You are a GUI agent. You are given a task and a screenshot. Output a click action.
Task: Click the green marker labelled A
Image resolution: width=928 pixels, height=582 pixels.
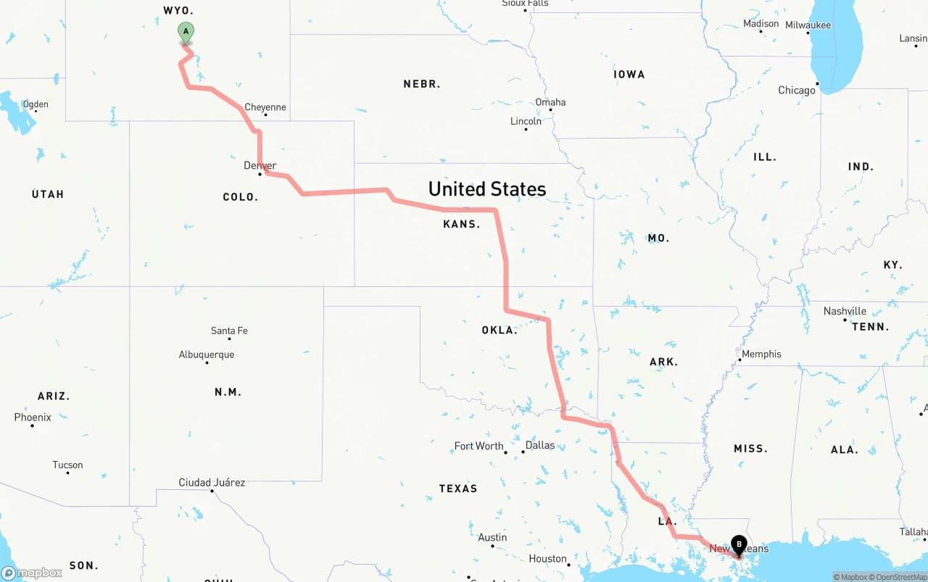186,32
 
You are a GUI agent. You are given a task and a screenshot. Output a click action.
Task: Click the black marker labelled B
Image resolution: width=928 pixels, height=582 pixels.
739,544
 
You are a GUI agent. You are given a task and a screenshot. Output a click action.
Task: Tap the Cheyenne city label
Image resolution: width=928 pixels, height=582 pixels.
265,107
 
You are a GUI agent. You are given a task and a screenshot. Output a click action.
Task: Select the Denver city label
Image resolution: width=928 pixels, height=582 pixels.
260,166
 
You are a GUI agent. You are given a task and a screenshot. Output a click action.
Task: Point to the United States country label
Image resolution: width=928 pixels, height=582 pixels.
487,189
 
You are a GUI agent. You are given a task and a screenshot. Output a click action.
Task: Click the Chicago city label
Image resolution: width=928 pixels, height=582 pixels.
797,91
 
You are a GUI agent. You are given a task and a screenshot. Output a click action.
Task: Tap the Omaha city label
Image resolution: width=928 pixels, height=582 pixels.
550,102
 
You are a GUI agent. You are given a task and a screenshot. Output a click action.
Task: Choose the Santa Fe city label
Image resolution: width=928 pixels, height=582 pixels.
229,331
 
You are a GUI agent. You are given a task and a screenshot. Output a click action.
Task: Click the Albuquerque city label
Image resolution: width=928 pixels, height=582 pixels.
207,354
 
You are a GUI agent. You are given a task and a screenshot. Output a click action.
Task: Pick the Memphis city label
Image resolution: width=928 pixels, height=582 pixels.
761,354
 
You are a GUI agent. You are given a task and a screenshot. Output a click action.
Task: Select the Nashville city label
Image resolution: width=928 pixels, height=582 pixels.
845,311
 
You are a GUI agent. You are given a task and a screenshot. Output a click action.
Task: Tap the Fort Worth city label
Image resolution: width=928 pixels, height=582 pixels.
478,446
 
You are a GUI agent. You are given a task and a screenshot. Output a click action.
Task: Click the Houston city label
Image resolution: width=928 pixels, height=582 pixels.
547,558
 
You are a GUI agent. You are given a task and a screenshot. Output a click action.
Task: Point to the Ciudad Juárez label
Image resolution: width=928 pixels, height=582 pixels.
212,482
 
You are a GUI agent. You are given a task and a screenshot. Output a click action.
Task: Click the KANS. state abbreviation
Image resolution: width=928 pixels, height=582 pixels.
462,224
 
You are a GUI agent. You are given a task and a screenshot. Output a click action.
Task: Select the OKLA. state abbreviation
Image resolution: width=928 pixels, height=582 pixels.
500,330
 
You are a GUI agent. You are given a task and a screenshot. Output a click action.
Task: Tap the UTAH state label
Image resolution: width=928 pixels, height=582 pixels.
48,194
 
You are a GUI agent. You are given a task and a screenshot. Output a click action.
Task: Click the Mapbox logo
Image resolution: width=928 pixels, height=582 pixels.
32,573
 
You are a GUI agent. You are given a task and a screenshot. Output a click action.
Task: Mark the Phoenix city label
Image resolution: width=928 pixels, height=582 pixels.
33,417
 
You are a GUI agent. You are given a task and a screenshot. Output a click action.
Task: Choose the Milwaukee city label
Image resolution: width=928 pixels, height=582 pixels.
807,25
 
